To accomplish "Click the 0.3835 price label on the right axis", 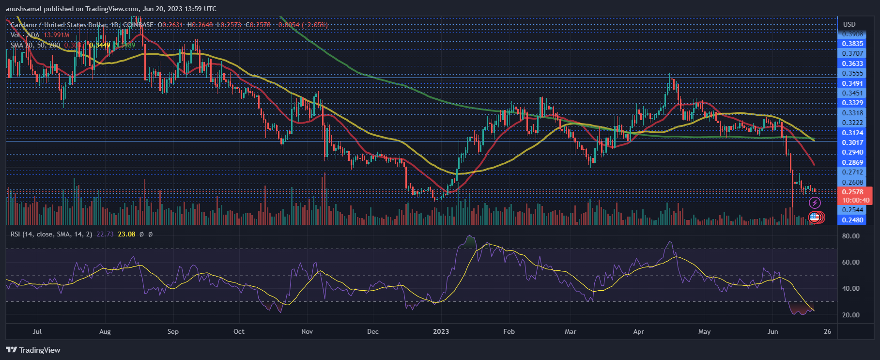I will (852, 44).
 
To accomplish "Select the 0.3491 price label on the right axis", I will (852, 83).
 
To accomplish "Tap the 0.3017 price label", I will (852, 142).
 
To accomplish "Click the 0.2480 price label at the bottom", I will (852, 220).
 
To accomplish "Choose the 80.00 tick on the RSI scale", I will (851, 236).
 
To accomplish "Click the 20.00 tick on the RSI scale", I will (851, 315).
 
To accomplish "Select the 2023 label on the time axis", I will (441, 331).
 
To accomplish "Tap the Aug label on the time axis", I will (105, 331).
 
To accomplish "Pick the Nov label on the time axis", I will (307, 331).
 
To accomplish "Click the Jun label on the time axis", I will (772, 331).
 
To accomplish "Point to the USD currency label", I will (849, 24).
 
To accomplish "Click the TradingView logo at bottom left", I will (33, 350).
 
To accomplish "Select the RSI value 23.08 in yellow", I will (126, 234).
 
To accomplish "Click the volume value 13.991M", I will (57, 35).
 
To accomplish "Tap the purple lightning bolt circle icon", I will (815, 203).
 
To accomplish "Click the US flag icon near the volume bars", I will (815, 218).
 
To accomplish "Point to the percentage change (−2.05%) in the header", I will (315, 25).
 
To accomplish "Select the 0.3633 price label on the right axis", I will (852, 63).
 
